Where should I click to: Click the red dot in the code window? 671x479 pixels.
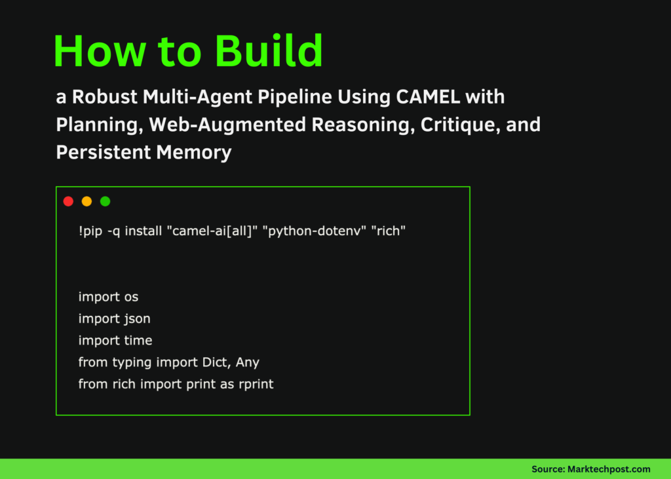[68, 201]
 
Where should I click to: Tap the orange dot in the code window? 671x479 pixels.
[86, 201]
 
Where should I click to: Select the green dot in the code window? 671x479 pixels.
[105, 201]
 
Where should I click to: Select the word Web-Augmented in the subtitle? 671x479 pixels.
[227, 125]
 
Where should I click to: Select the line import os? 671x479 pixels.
[108, 297]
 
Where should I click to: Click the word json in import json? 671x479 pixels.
[138, 318]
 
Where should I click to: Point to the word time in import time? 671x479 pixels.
[138, 340]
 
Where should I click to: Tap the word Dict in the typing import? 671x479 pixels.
[216, 362]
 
